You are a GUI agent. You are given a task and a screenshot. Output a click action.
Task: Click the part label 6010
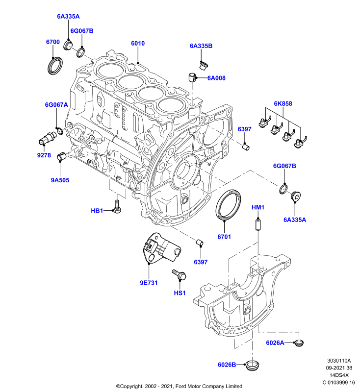pyautogui.click(x=138, y=43)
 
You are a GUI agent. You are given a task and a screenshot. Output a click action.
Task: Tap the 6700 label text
pyautogui.click(x=53, y=42)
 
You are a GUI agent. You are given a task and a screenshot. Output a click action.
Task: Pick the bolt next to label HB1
pyautogui.click(x=117, y=206)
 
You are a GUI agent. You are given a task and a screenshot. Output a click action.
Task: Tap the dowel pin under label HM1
pyautogui.click(x=257, y=224)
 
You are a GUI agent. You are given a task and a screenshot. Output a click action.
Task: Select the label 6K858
pyautogui.click(x=283, y=103)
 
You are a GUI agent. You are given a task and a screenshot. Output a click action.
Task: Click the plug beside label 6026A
pyautogui.click(x=299, y=343)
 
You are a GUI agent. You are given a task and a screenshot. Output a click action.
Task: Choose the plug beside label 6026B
pyautogui.click(x=252, y=365)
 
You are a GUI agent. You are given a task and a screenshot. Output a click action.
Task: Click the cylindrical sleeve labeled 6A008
pyautogui.click(x=192, y=77)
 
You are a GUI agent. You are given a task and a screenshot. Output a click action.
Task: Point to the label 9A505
pyautogui.click(x=60, y=180)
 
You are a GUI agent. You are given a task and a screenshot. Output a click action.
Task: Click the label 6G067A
pyautogui.click(x=56, y=104)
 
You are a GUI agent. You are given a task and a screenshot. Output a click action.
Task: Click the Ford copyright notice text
pyautogui.click(x=179, y=386)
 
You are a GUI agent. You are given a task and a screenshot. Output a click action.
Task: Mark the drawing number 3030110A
pyautogui.click(x=339, y=361)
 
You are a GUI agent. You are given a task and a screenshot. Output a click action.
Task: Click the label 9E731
pyautogui.click(x=149, y=283)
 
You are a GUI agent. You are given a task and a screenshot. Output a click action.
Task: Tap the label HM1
pyautogui.click(x=258, y=207)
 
